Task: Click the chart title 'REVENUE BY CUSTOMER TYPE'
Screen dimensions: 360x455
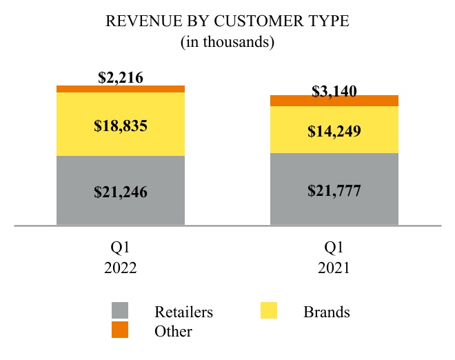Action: [x=228, y=21]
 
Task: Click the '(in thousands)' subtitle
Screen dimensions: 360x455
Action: [x=228, y=42]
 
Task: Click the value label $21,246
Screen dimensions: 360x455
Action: [x=121, y=192]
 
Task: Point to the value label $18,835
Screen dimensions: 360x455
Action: [x=121, y=126]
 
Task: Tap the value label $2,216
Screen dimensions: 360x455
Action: [x=121, y=77]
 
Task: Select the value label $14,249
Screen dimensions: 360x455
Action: [x=334, y=130]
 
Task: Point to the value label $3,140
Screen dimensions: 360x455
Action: [x=334, y=91]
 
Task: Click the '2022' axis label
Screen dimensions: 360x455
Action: [x=121, y=268]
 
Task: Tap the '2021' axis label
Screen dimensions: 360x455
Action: [x=334, y=268]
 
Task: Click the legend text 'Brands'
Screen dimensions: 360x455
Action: [x=327, y=312]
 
